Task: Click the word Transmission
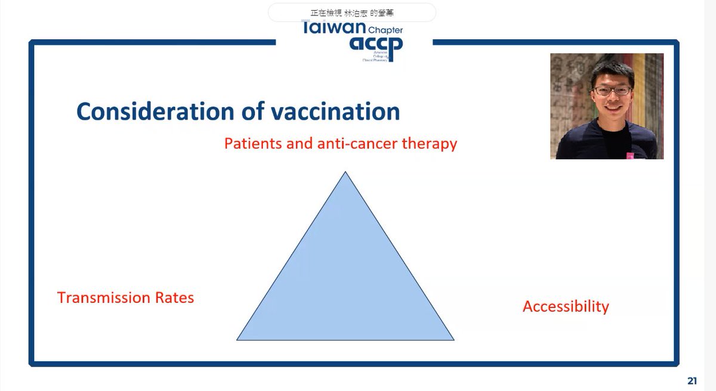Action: click(101, 297)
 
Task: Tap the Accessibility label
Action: click(566, 306)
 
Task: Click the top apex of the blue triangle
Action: click(345, 173)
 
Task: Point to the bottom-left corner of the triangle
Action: click(238, 339)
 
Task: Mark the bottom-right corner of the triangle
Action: click(453, 339)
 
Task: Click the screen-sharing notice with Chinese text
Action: click(351, 12)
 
